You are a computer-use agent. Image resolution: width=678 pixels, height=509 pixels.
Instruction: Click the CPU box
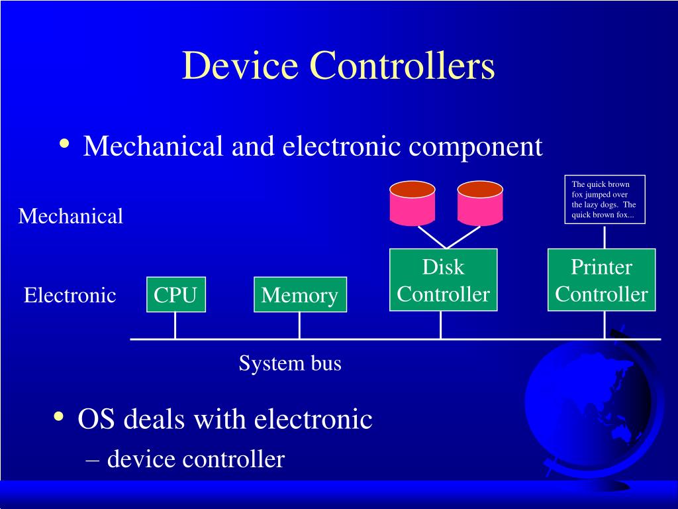(x=175, y=294)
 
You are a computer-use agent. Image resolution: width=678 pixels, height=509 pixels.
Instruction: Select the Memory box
(x=300, y=294)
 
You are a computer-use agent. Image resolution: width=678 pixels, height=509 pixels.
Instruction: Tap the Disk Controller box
(x=443, y=280)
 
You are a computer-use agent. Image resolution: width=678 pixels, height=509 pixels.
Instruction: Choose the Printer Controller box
(x=601, y=280)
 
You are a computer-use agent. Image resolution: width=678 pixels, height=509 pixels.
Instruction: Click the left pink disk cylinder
(x=412, y=201)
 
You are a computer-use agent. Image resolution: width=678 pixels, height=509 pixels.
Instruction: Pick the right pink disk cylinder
(x=480, y=201)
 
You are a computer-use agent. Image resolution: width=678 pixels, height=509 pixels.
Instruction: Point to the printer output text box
(x=604, y=199)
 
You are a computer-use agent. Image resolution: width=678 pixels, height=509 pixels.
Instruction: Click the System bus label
(x=290, y=363)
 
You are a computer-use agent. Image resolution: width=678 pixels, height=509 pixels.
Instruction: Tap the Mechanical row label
(x=70, y=216)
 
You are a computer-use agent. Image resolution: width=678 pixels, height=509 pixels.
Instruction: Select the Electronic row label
(x=70, y=295)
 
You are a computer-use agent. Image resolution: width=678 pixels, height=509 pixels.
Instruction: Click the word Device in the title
(x=240, y=66)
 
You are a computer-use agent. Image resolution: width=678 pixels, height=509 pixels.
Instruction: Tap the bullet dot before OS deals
(x=59, y=417)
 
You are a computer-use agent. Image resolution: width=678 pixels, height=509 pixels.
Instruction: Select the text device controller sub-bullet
(x=196, y=458)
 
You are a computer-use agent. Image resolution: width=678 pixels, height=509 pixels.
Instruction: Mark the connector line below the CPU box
(x=175, y=325)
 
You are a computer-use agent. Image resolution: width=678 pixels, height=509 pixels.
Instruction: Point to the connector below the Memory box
(x=299, y=325)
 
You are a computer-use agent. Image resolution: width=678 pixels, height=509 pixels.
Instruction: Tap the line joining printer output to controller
(x=604, y=236)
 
